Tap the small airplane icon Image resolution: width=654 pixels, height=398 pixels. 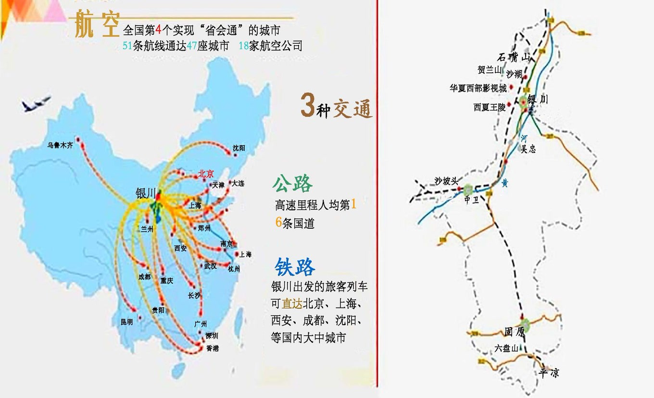[x=37, y=103]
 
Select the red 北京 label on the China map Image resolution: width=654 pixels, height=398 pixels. [x=206, y=174]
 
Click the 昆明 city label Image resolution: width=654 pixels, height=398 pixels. [x=127, y=322]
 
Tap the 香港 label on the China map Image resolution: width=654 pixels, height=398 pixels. [x=212, y=348]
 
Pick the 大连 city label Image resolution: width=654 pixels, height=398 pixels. [x=238, y=184]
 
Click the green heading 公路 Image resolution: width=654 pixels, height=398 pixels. [x=292, y=184]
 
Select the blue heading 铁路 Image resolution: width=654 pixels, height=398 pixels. [x=295, y=267]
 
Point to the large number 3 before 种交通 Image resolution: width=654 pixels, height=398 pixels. [x=307, y=106]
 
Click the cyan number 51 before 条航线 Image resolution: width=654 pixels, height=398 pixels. [x=127, y=46]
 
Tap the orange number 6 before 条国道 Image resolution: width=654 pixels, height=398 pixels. [x=278, y=223]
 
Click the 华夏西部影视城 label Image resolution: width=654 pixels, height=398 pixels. [x=478, y=88]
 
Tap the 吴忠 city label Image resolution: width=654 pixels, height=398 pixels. [x=528, y=149]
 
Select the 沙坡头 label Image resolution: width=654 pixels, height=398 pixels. [x=445, y=181]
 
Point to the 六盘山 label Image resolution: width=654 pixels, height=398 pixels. [x=507, y=348]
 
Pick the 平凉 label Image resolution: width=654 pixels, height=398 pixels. [x=549, y=372]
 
